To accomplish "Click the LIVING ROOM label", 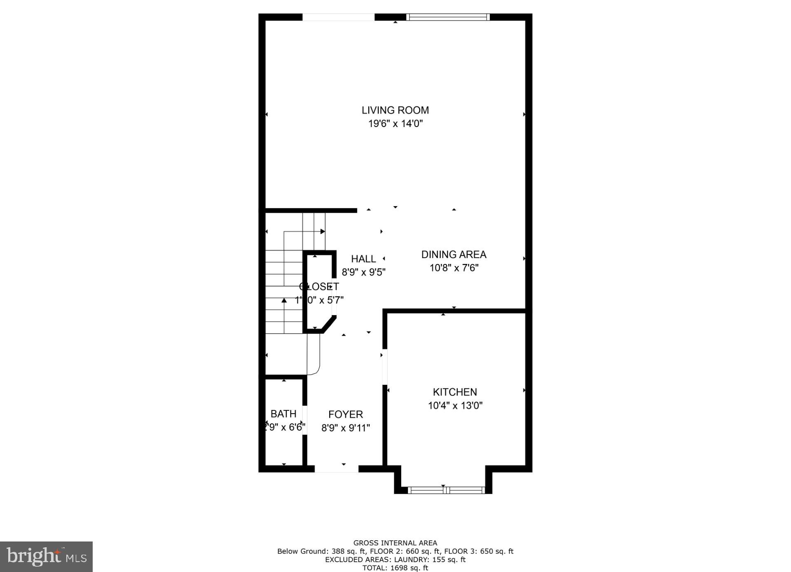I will (x=395, y=110).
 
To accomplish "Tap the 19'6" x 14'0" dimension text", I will (x=395, y=123).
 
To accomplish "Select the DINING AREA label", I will (x=454, y=254).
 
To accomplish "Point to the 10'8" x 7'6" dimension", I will (x=454, y=268).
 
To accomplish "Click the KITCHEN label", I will (x=455, y=392).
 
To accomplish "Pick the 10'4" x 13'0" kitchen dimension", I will (x=455, y=405).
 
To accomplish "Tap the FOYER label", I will (x=345, y=414).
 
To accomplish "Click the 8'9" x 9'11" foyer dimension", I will (x=345, y=428).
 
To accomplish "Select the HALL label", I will (x=363, y=259).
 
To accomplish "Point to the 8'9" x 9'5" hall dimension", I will (x=363, y=272).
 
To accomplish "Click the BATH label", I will (x=283, y=414).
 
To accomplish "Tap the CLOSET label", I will (x=319, y=286).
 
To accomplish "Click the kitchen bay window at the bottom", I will (x=445, y=490).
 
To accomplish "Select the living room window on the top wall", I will (x=448, y=17).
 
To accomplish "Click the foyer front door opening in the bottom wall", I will (x=337, y=468).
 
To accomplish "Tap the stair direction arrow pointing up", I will (x=284, y=300).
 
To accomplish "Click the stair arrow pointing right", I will (x=323, y=231).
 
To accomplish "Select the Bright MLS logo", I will (x=46, y=556).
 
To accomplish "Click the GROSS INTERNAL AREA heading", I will (x=395, y=543).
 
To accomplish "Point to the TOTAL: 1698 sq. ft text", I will (x=395, y=568).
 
